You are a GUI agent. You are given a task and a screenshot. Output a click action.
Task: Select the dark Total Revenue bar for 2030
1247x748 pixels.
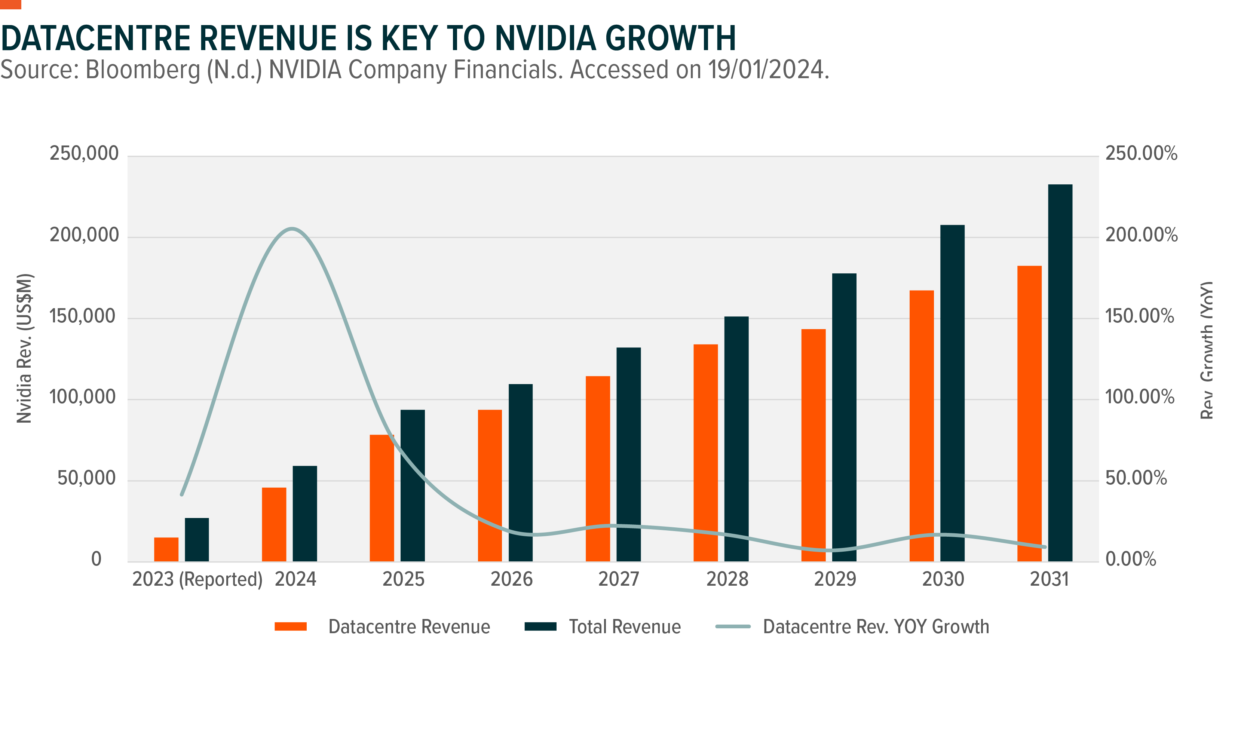pyautogui.click(x=952, y=393)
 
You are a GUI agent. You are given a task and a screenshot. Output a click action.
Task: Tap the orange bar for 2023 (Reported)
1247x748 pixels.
pyautogui.click(x=166, y=549)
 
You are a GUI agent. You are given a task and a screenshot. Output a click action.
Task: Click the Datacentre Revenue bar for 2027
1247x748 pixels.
pyautogui.click(x=598, y=469)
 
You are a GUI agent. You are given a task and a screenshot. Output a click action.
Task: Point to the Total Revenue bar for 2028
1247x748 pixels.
pyautogui.click(x=736, y=439)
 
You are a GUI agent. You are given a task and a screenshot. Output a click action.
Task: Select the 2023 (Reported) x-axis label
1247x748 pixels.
pyautogui.click(x=197, y=579)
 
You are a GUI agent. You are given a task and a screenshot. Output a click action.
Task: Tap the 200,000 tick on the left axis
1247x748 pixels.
pyautogui.click(x=84, y=235)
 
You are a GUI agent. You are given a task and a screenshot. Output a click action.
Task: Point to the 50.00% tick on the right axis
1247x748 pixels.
pyautogui.click(x=1136, y=478)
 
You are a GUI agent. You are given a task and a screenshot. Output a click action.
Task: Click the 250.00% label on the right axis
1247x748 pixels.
pyautogui.click(x=1141, y=153)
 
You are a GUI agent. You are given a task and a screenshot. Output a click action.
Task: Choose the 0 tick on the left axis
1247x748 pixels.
pyautogui.click(x=96, y=559)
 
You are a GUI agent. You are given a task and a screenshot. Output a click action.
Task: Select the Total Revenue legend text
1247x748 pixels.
pyautogui.click(x=625, y=626)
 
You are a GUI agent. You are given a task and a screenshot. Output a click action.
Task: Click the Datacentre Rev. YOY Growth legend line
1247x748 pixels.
pyautogui.click(x=732, y=626)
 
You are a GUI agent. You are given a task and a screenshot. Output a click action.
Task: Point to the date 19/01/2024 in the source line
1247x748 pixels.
pyautogui.click(x=767, y=70)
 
